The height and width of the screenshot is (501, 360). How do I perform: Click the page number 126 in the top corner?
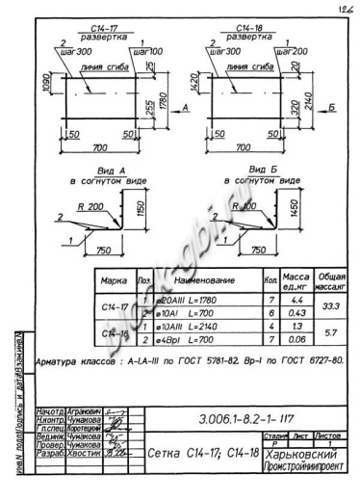click(345, 8)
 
